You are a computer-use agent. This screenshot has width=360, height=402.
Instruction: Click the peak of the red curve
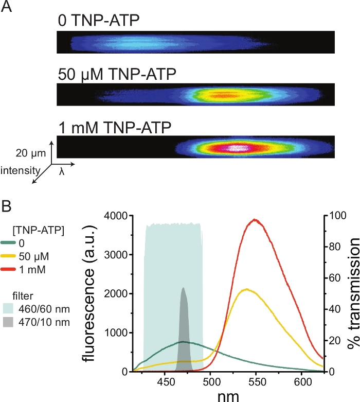[255, 219]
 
